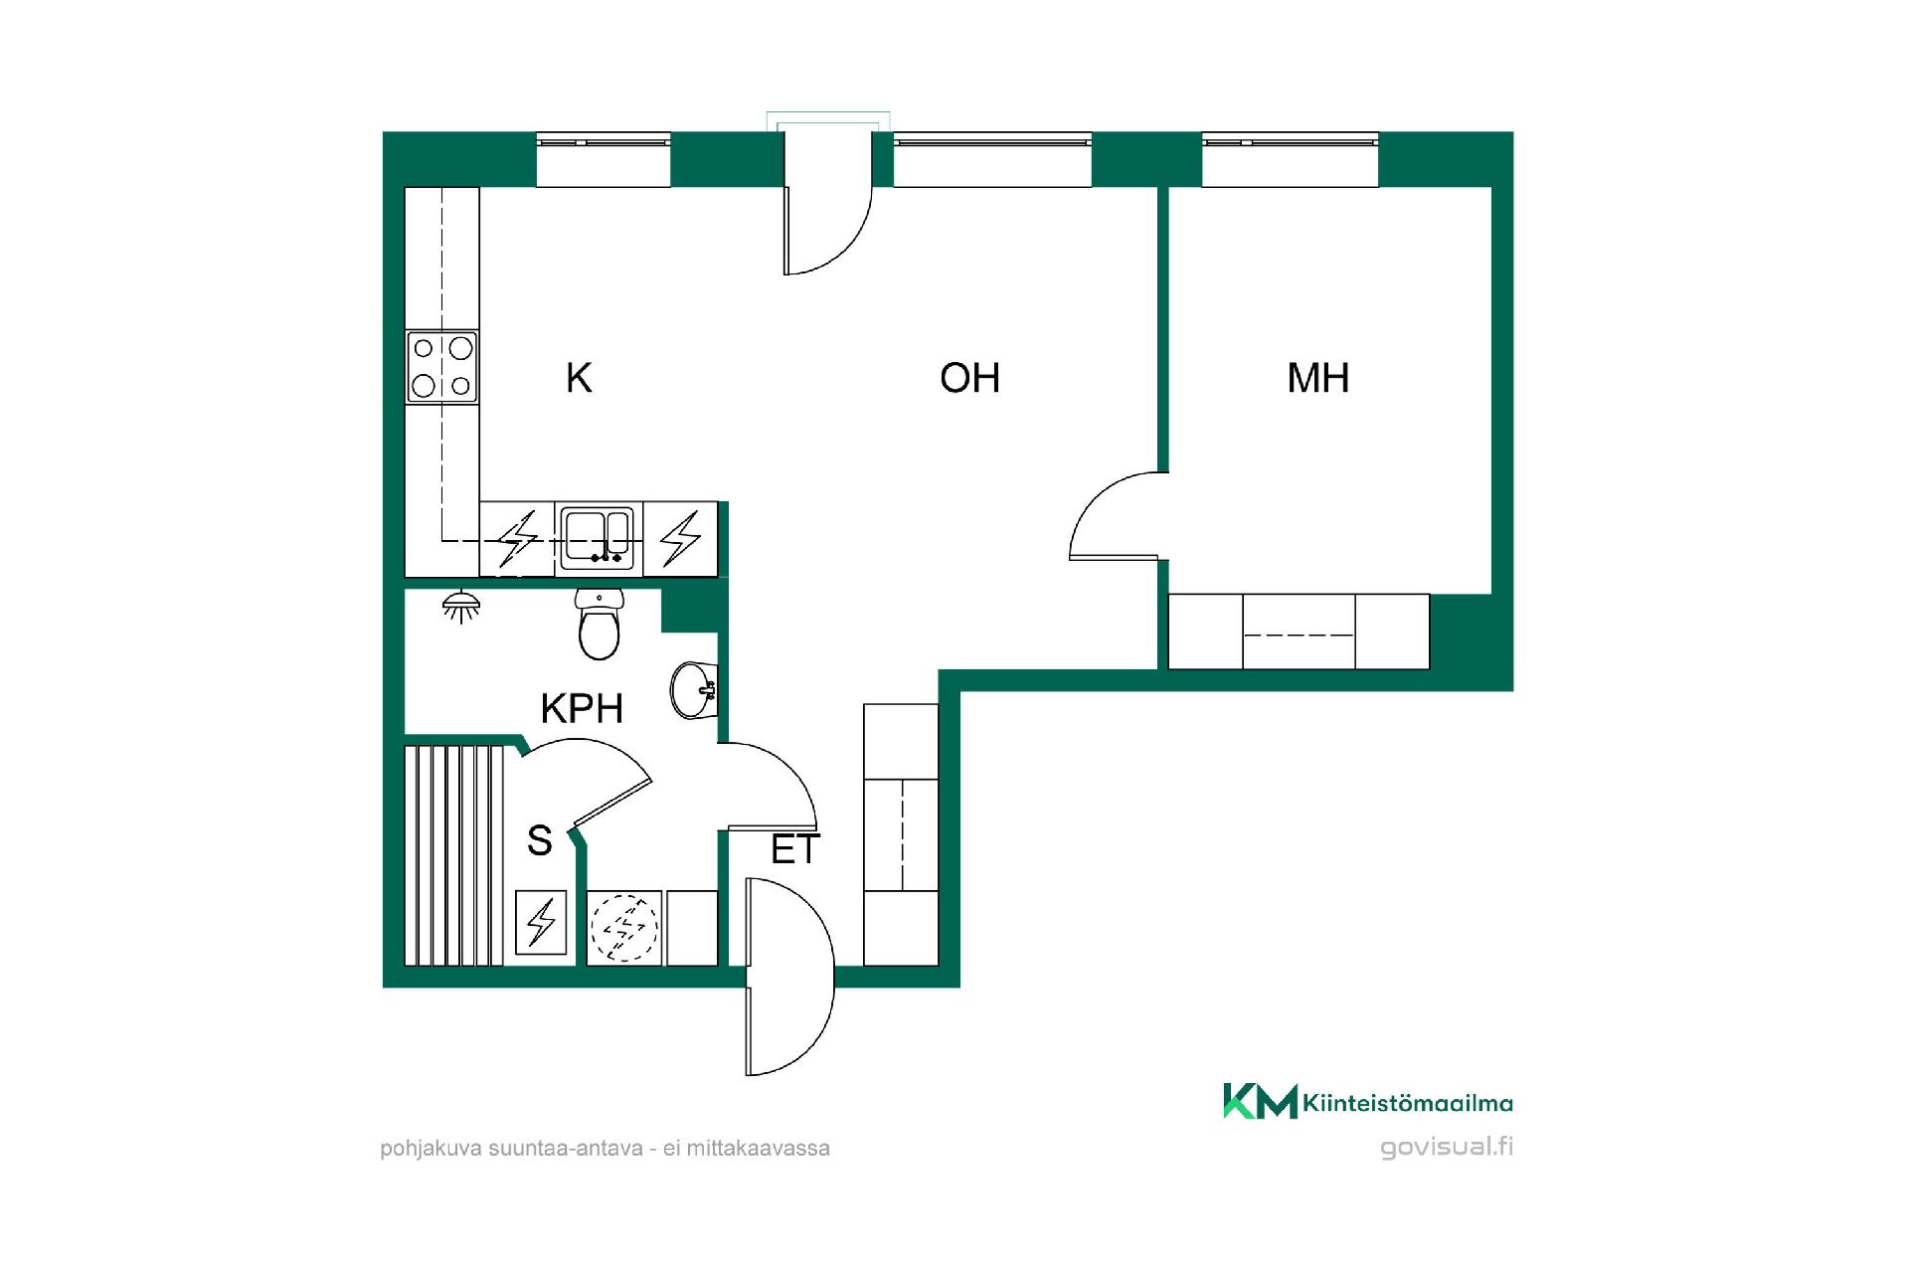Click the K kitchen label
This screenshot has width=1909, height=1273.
pyautogui.click(x=579, y=378)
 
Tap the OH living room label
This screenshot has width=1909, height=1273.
pyautogui.click(x=969, y=378)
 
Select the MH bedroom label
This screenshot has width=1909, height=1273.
pyautogui.click(x=1317, y=378)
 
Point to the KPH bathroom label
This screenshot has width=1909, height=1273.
pyautogui.click(x=582, y=708)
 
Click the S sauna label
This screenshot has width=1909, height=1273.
pyautogui.click(x=539, y=840)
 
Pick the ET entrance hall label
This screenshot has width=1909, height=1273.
pyautogui.click(x=795, y=849)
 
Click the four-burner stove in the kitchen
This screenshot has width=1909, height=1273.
pyautogui.click(x=441, y=366)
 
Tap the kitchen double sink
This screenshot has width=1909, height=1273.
pyautogui.click(x=597, y=538)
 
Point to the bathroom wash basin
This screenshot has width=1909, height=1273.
pyautogui.click(x=694, y=687)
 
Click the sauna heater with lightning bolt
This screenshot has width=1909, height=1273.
pyautogui.click(x=541, y=922)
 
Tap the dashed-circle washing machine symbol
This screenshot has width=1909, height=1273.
pyautogui.click(x=624, y=927)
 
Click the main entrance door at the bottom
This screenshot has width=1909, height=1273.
pyautogui.click(x=788, y=977)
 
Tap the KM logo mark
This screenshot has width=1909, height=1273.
pyautogui.click(x=1260, y=1101)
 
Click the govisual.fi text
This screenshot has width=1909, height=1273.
pyautogui.click(x=1447, y=1147)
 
